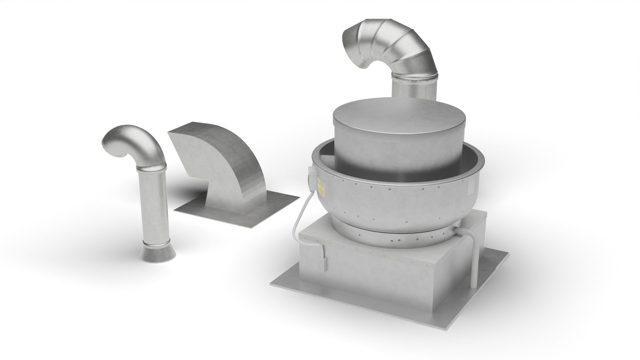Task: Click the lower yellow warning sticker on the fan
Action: [322, 192]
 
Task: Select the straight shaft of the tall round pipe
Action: [153, 207]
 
